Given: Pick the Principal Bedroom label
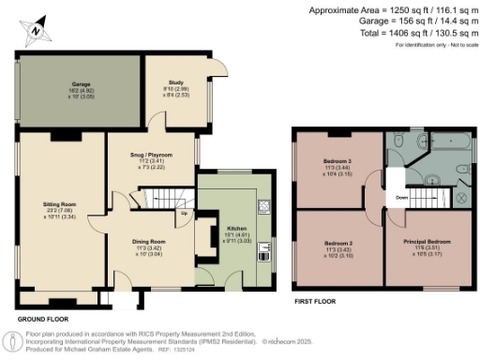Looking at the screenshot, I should click(x=432, y=246).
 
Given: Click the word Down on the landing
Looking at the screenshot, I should click(x=400, y=198).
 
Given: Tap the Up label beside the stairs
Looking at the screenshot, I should click(x=185, y=214).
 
